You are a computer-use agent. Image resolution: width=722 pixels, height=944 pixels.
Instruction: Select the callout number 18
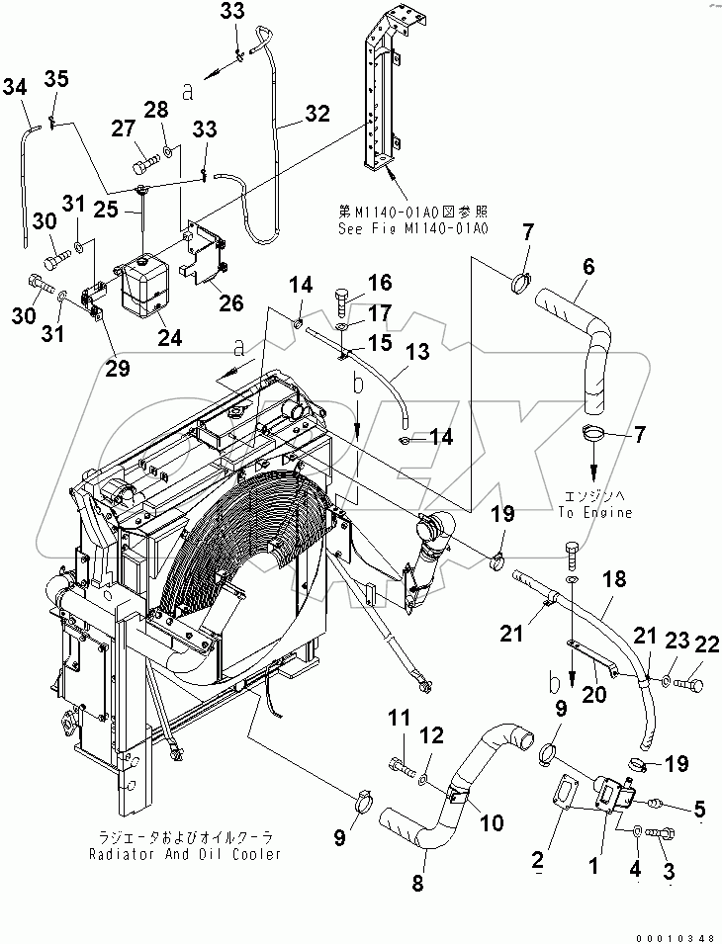pos(615,579)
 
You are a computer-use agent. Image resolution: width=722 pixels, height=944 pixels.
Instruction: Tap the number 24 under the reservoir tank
pos(171,337)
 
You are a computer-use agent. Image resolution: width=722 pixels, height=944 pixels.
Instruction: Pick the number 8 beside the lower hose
pos(417,884)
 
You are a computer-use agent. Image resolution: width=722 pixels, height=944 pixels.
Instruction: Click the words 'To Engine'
pos(594,513)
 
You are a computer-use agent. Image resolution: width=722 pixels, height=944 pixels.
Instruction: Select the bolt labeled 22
pos(688,681)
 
